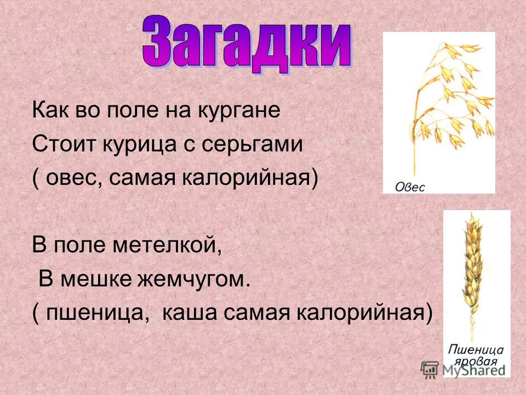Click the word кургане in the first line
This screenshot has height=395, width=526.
click(239, 111)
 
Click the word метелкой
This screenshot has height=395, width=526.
click(167, 245)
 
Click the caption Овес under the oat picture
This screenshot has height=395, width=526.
click(410, 187)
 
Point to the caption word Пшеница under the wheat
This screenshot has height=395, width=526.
click(476, 349)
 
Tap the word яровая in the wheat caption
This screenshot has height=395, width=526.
click(476, 362)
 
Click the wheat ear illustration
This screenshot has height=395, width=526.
click(473, 275)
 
